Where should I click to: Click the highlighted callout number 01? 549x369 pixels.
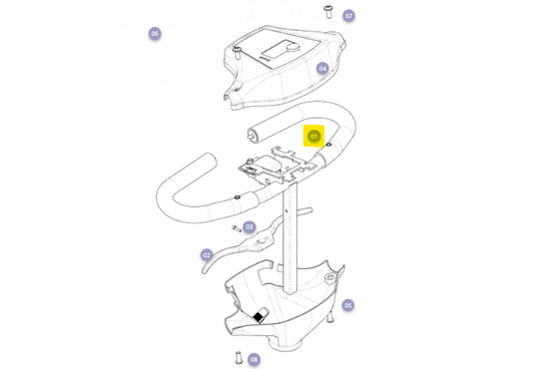(313, 136)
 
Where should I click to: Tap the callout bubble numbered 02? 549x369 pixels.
(207, 255)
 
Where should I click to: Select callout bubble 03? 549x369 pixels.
(250, 227)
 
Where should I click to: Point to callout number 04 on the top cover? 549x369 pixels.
(322, 69)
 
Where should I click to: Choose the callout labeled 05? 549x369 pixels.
(347, 305)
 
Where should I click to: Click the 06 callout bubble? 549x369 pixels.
(155, 34)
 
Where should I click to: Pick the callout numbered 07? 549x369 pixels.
(348, 16)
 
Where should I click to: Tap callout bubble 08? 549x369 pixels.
(254, 359)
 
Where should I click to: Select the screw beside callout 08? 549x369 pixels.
(237, 356)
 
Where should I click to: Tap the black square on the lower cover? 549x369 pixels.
(258, 316)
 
